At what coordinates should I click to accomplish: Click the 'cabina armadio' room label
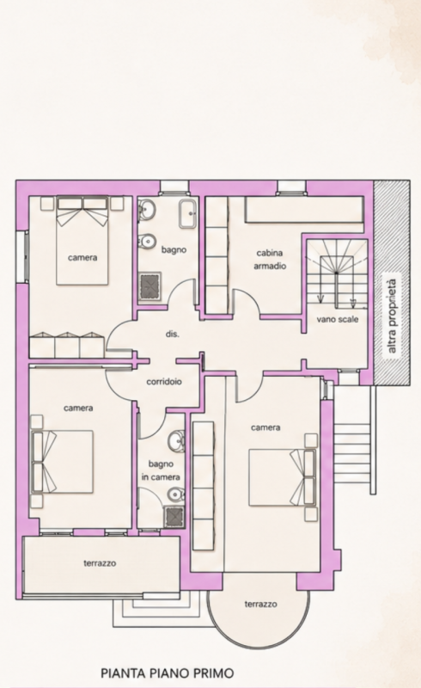[270, 260]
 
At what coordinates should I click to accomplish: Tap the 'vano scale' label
[338, 319]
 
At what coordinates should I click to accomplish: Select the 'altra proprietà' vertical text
[392, 316]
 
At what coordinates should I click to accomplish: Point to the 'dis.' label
[173, 334]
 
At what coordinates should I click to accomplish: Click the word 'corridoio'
[164, 381]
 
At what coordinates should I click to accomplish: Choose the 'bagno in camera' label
[161, 470]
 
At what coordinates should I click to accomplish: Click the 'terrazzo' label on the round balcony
[260, 605]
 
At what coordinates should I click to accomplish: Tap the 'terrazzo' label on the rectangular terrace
[100, 563]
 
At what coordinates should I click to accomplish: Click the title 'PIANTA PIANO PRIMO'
[167, 673]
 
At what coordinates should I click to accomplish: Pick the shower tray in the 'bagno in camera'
[174, 517]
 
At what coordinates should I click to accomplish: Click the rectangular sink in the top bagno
[188, 214]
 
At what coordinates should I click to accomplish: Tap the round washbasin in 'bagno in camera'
[177, 440]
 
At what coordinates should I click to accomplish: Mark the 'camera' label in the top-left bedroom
[82, 257]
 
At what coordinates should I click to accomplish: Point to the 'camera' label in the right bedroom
[265, 427]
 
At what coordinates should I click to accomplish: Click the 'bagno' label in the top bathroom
[174, 249]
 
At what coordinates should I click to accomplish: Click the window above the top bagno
[174, 187]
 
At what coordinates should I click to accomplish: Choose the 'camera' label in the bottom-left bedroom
[78, 408]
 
